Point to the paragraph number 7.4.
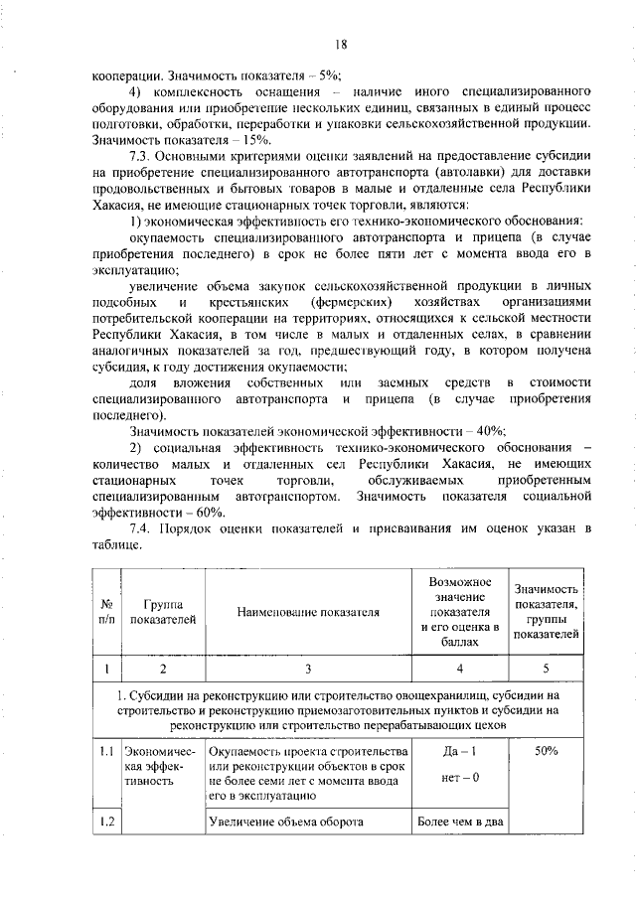click(144, 528)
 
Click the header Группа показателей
click(162, 612)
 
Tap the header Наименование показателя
click(308, 612)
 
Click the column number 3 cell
click(308, 669)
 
